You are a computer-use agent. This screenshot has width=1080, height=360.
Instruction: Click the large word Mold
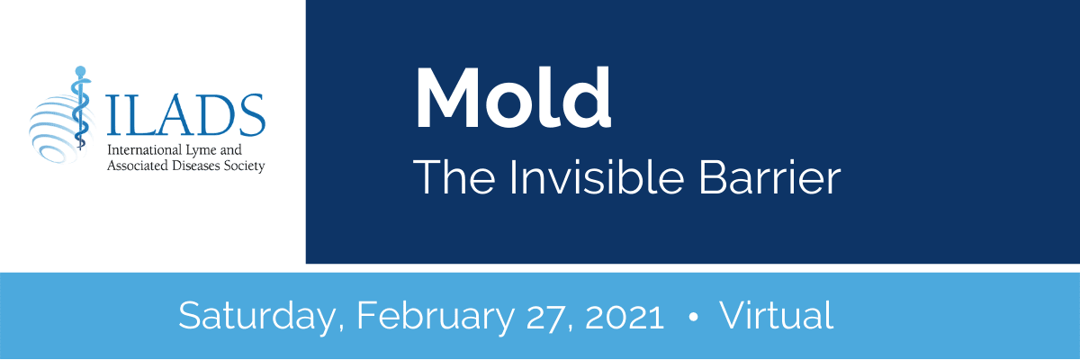coord(514,98)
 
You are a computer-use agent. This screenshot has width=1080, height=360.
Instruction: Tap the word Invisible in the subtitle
coord(597,177)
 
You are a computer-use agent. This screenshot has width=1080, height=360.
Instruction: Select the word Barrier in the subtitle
coord(770,177)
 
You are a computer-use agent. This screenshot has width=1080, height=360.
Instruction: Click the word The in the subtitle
coord(454,177)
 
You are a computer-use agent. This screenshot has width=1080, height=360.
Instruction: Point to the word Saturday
coord(257,316)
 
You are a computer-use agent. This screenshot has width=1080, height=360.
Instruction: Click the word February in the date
coord(436,316)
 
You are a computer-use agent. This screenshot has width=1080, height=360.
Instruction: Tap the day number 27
coord(545,316)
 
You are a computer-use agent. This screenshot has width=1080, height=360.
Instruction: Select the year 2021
coord(625,316)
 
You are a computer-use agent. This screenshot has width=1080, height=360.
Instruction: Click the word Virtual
coord(777,315)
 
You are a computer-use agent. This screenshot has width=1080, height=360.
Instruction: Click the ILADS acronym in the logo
coord(185,115)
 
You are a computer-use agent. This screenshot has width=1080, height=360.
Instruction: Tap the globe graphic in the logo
coord(60,128)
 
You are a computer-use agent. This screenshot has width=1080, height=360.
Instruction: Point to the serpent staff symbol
coord(80,108)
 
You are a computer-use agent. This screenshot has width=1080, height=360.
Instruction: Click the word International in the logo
coord(144,150)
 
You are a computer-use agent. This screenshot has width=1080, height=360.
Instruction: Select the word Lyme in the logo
coord(202,151)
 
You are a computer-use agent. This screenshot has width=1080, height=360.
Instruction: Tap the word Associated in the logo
coord(139,166)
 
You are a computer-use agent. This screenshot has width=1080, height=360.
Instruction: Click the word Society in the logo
coord(245,166)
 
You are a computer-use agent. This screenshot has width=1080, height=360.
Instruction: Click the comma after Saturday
coord(341,329)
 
